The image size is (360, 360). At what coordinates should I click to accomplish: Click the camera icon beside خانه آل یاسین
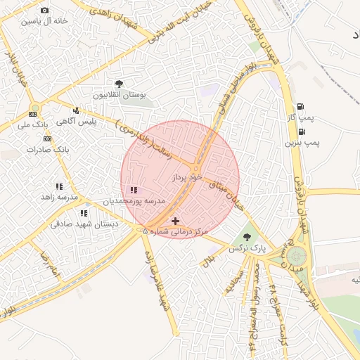(x=45, y=11)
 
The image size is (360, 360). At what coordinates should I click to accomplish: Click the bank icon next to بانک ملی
(x=33, y=114)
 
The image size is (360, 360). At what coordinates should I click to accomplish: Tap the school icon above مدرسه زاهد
(x=59, y=186)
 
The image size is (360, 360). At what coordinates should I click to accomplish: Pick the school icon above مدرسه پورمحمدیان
(x=134, y=190)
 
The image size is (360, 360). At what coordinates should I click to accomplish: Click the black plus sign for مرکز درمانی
(x=175, y=221)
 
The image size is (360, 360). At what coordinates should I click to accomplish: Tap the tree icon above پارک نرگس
(x=247, y=237)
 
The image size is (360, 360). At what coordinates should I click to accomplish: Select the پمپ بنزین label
(x=302, y=143)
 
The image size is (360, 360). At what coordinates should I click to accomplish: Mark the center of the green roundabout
(x=296, y=256)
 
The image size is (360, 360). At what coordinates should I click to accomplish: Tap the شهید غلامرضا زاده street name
(x=157, y=280)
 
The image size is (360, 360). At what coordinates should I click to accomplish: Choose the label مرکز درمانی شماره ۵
(x=176, y=231)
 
